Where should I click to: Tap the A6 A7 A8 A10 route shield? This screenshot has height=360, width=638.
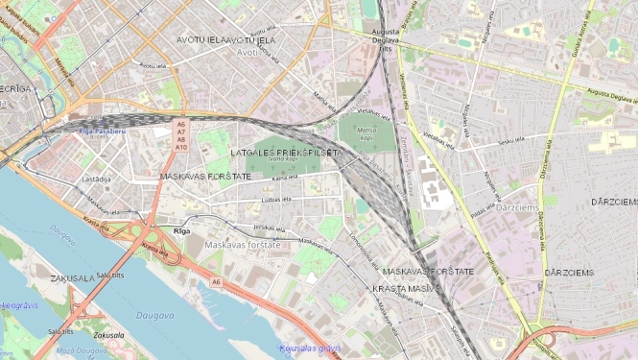pos(180,135)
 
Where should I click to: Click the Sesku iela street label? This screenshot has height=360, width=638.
pos(510,142)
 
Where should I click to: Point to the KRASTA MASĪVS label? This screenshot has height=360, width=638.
pos(406,288)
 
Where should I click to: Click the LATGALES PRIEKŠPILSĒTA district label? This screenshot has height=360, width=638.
pos(286,153)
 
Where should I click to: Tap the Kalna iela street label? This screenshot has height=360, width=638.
pos(285,178)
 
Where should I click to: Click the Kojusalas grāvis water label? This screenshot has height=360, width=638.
pos(308,348)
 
